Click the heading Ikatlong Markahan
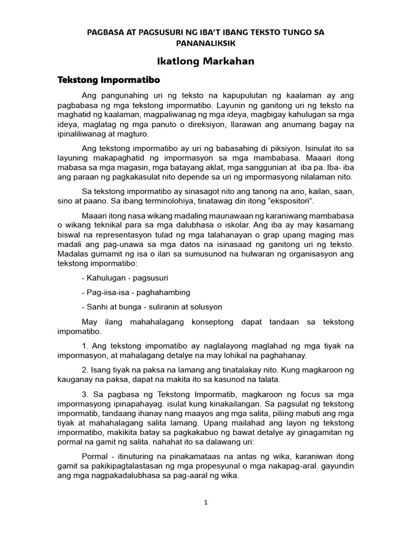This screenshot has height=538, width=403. [x=201, y=61]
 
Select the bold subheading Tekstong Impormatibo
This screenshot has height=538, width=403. [x=108, y=80]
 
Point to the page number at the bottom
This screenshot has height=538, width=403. [x=206, y=502]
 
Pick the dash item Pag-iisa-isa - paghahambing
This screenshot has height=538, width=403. [x=136, y=292]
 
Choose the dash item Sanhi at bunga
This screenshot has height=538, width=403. [x=114, y=306]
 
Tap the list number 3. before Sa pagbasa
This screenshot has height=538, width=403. [x=86, y=394]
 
